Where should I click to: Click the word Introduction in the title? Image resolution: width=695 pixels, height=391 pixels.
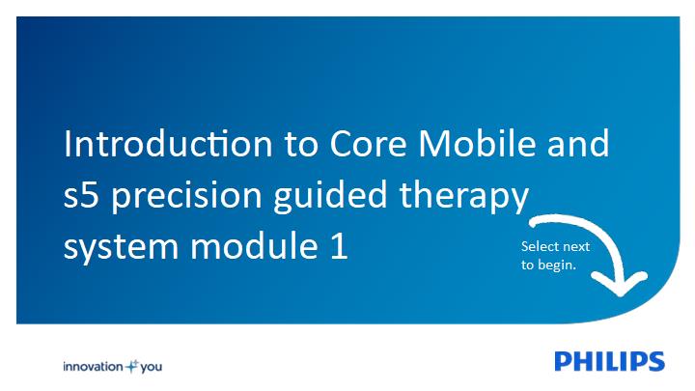click(x=168, y=144)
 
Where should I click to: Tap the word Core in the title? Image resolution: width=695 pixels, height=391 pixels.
click(x=369, y=144)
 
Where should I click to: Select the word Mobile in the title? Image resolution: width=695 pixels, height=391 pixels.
click(x=478, y=144)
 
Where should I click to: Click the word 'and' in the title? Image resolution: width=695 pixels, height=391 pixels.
click(x=578, y=144)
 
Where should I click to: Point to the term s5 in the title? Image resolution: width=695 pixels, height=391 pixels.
click(x=81, y=195)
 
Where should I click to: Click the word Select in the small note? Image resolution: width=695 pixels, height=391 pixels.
click(x=537, y=246)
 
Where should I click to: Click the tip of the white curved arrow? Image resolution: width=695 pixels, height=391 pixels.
click(x=620, y=295)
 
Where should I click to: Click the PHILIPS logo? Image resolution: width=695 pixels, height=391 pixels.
click(x=609, y=361)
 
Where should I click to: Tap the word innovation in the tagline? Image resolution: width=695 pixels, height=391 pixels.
click(x=93, y=367)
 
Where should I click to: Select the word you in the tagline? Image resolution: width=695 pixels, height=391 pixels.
click(x=152, y=368)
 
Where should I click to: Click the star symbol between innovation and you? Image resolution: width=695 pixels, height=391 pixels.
click(x=132, y=366)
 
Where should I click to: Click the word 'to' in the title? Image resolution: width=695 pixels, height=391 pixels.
click(x=301, y=145)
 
